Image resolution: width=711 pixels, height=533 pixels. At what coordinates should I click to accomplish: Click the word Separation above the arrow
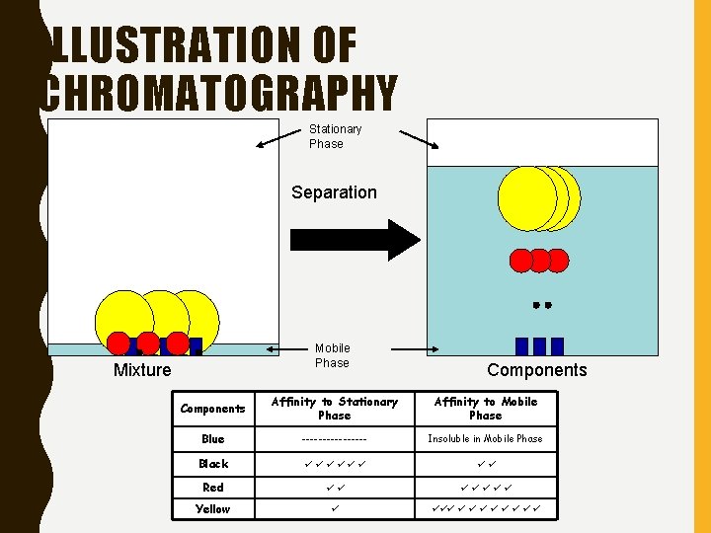click(x=334, y=192)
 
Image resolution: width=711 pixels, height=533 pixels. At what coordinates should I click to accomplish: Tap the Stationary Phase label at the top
click(x=335, y=136)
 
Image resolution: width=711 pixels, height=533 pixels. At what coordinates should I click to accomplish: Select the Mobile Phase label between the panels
click(x=332, y=355)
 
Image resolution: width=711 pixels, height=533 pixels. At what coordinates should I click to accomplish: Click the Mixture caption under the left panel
click(x=142, y=370)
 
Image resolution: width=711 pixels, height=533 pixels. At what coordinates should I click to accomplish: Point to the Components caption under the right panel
click(x=536, y=370)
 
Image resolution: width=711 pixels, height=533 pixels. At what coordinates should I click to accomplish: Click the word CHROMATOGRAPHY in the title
click(x=217, y=95)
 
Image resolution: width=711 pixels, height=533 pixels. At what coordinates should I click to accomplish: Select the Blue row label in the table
click(x=212, y=439)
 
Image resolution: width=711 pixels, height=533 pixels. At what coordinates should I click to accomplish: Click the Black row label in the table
click(x=212, y=464)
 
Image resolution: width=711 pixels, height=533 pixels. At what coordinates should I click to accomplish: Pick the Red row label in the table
click(x=212, y=488)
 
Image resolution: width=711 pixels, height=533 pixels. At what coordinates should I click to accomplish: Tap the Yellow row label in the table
click(x=212, y=509)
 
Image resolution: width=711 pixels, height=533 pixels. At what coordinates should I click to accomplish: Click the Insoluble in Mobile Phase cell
click(x=485, y=439)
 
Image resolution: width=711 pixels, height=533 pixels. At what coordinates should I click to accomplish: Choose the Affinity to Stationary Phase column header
click(x=334, y=409)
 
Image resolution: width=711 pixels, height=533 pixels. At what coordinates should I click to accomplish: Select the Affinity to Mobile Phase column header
click(x=485, y=409)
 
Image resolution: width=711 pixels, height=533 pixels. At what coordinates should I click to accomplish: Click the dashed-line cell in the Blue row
click(x=334, y=439)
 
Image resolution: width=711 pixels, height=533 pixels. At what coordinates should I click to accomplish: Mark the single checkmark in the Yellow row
click(x=334, y=509)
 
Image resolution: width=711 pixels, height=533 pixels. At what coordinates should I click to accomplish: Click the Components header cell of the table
click(x=212, y=409)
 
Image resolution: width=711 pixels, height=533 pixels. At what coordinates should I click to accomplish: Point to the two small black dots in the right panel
click(x=540, y=306)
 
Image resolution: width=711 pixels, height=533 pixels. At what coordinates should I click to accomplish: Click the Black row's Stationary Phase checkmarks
click(x=334, y=464)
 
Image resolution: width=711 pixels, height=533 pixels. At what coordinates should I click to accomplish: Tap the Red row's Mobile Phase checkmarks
click(x=485, y=488)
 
